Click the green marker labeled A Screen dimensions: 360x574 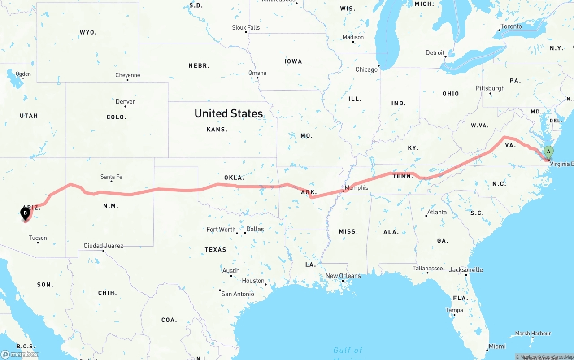tap(548, 152)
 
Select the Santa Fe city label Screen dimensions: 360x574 tap(111, 177)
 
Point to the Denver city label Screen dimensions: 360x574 tap(125, 101)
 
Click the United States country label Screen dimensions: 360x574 tap(229, 113)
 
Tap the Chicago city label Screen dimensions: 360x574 tap(366, 69)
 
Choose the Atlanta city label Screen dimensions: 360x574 tap(437, 212)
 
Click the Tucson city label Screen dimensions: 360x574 tap(38, 238)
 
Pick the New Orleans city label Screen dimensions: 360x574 tap(343, 276)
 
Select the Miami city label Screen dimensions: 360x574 tap(497, 346)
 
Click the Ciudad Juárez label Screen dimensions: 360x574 tap(103, 246)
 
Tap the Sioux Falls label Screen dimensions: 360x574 tap(246, 27)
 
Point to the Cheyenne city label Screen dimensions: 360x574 tap(127, 75)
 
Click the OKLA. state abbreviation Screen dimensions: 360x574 tap(234, 178)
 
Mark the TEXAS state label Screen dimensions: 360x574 tap(216, 249)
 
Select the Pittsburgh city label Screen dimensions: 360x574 tap(490, 88)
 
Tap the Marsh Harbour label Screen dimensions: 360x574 tap(533, 334)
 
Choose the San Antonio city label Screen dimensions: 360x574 tap(238, 294)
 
